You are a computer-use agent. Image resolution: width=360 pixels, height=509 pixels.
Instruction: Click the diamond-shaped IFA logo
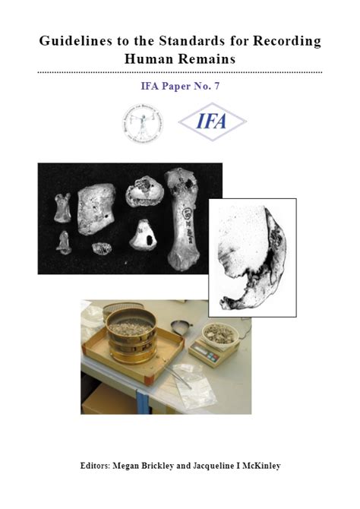click(212, 122)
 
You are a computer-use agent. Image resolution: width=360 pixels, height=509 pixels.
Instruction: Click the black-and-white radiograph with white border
click(252, 257)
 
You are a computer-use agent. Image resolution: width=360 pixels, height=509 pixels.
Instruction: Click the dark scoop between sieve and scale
click(182, 327)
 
